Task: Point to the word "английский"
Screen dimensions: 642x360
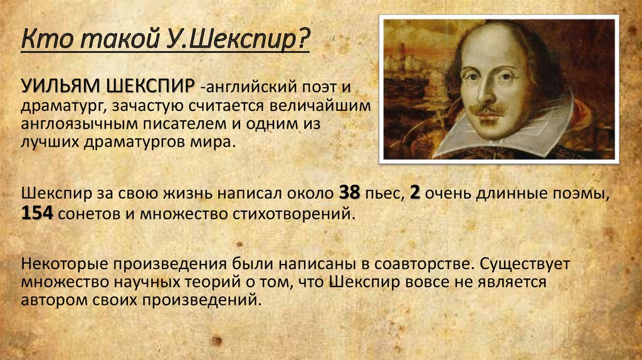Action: point(251,87)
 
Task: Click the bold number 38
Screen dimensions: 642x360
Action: point(350,193)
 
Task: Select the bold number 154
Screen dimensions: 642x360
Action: point(37,213)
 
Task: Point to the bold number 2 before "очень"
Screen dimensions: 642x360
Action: point(415,193)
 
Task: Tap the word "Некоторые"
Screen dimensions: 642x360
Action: point(65,264)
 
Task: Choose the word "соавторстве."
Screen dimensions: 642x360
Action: point(424,264)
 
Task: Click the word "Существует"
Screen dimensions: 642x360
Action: point(525,264)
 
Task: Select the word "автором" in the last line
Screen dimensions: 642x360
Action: point(54,300)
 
